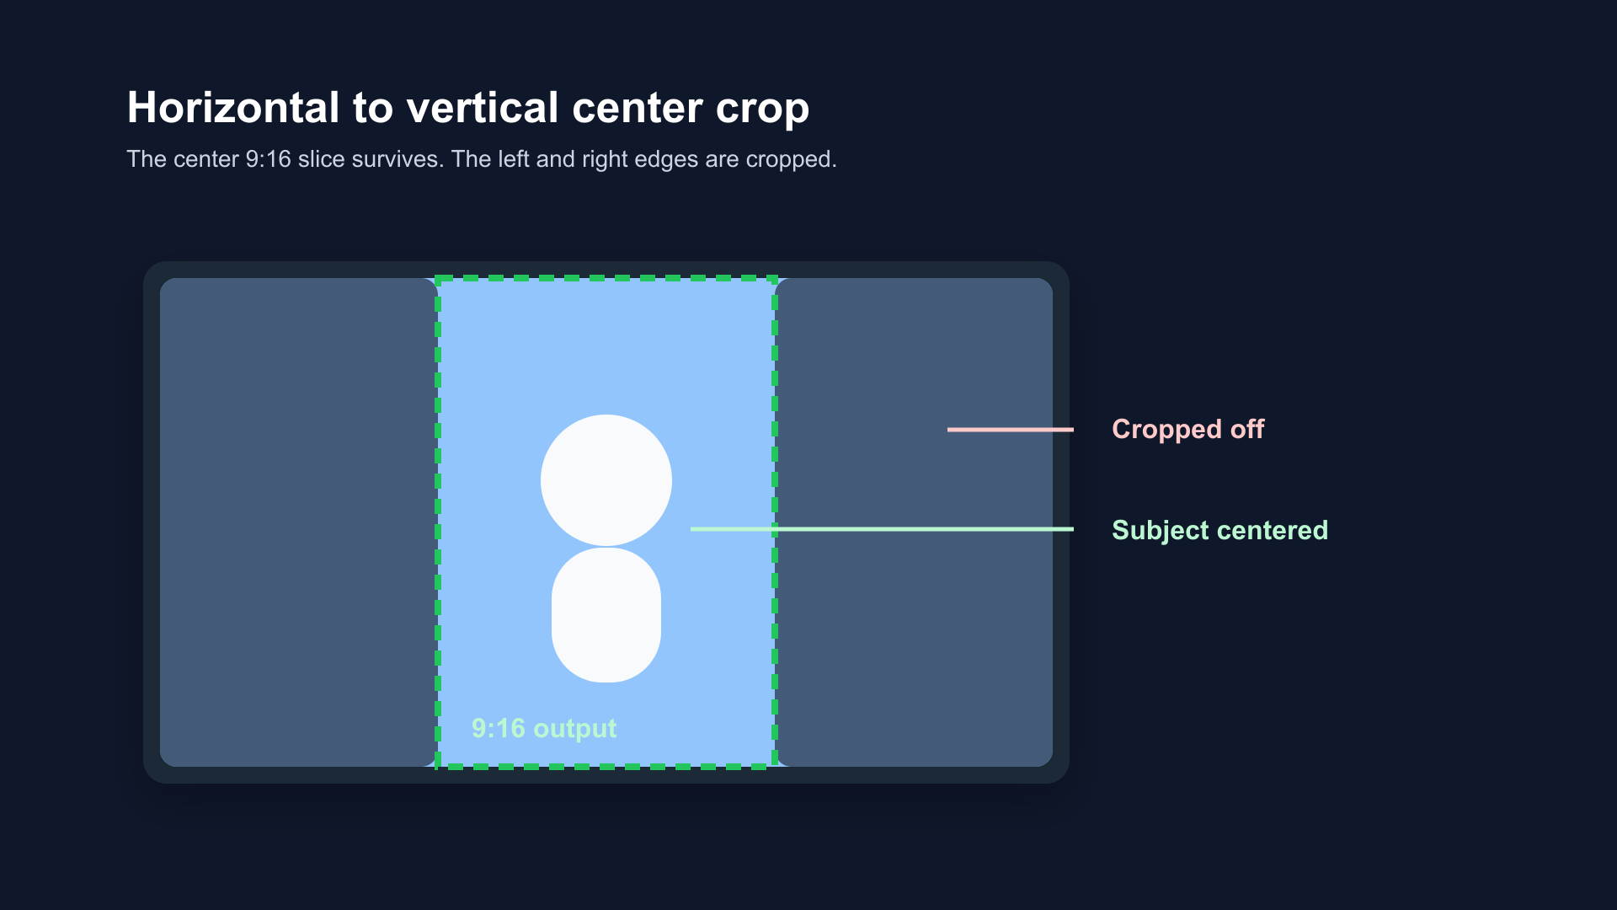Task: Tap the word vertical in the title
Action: coord(483,108)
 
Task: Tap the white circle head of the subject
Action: coord(606,480)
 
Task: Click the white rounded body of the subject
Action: coord(606,615)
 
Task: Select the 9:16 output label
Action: coord(544,728)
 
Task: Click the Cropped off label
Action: coord(1187,430)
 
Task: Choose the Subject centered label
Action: coord(1219,530)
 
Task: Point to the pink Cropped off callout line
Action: coord(1011,430)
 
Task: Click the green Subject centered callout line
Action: coord(882,529)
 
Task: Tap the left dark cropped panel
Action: coord(297,522)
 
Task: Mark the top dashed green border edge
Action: coord(606,278)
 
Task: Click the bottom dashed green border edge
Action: coord(606,767)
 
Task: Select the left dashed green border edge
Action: coord(438,522)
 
